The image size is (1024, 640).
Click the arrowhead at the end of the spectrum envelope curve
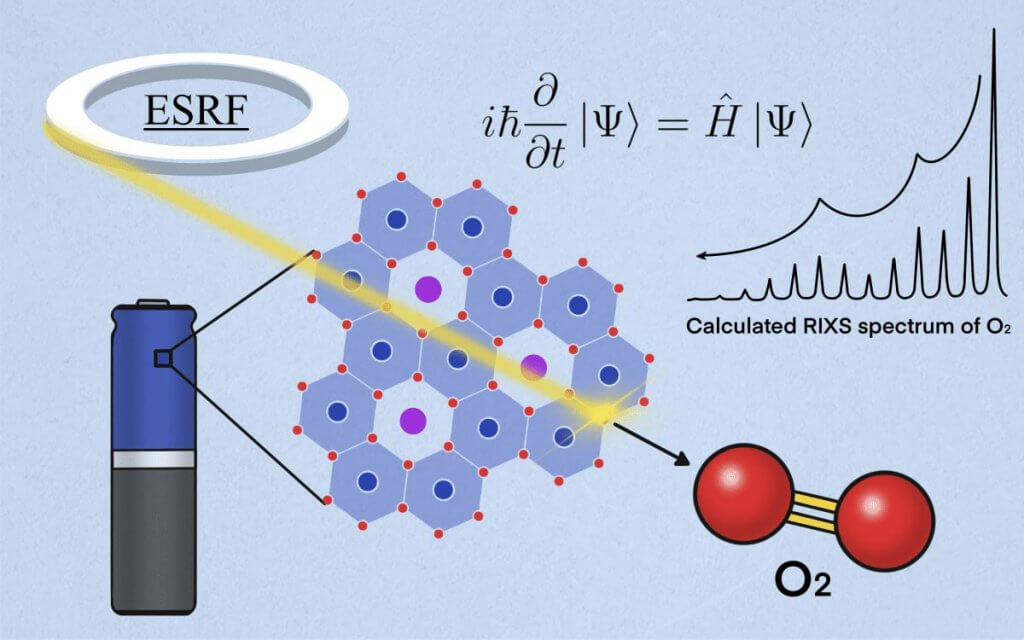[x=703, y=256]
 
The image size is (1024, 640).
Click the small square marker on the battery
[x=161, y=358]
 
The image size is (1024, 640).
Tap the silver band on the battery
[x=153, y=460]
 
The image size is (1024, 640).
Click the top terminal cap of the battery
[x=153, y=302]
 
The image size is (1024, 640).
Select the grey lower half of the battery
[x=153, y=540]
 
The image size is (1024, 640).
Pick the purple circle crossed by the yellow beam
[x=533, y=367]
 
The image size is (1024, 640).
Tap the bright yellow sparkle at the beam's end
[x=604, y=412]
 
